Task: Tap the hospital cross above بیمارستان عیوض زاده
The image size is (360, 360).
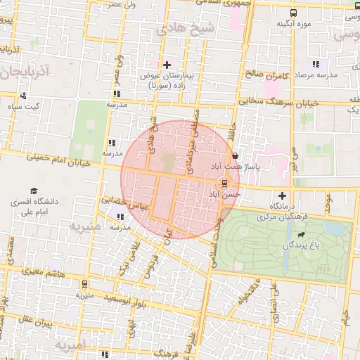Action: (166, 65)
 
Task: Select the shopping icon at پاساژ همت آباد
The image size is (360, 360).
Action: (234, 157)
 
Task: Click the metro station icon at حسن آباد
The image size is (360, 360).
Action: (224, 184)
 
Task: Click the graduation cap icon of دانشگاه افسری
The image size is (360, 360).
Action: (33, 191)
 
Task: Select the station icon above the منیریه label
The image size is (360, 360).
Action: (85, 285)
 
